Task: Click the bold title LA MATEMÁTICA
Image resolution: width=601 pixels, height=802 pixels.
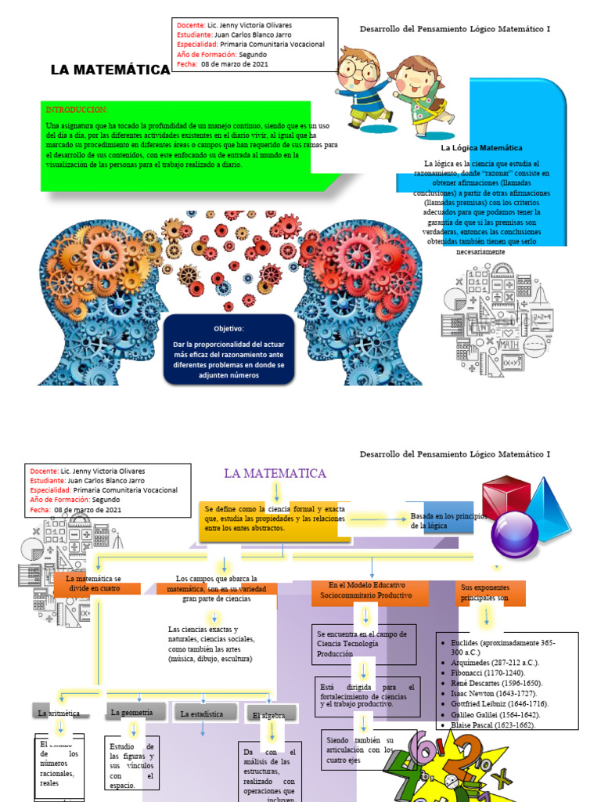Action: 110,70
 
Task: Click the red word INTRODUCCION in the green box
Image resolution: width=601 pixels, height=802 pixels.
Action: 77,110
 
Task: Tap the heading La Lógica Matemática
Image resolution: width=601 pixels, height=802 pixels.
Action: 481,147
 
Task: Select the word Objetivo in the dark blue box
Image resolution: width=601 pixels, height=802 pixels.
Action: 229,329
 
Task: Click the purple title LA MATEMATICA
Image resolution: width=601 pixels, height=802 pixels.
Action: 275,473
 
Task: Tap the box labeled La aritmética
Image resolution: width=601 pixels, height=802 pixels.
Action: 59,713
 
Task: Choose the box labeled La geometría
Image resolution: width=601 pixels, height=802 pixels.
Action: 135,712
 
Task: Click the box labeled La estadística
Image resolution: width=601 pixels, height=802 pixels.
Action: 202,714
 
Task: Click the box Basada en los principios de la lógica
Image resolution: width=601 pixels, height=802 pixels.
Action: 441,521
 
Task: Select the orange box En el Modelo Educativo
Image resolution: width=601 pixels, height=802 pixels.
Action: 369,591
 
